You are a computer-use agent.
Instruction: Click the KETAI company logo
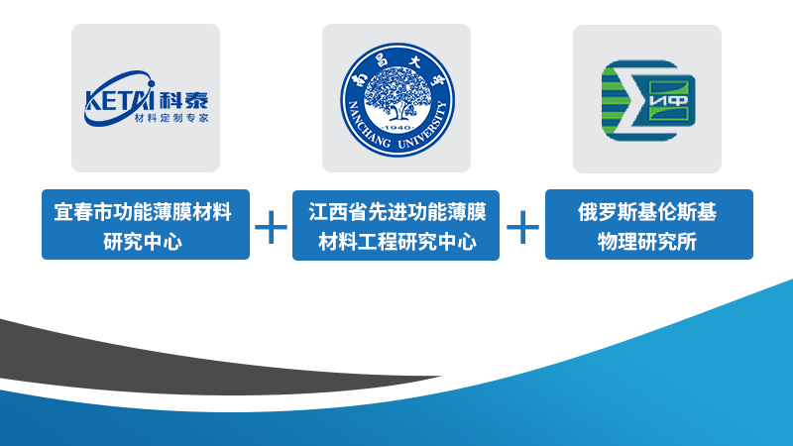tap(146, 98)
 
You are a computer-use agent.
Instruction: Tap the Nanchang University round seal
tap(397, 100)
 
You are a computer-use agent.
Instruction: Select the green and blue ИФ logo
tap(648, 100)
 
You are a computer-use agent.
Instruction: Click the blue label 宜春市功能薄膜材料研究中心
tap(146, 225)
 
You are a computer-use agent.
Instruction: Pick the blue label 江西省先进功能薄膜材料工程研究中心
tap(396, 226)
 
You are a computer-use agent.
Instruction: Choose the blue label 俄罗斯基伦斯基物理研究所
tap(649, 225)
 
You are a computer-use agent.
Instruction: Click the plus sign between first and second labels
tap(271, 227)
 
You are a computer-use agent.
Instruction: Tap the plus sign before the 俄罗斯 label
tap(522, 227)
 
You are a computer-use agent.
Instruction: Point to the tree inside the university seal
tap(397, 93)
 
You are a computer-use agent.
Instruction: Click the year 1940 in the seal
tap(397, 128)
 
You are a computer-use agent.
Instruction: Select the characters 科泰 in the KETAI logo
tap(183, 101)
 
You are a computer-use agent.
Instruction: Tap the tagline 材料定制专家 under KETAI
tap(171, 118)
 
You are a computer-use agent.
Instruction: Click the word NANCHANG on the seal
tap(368, 129)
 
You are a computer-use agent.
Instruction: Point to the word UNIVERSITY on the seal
tap(426, 129)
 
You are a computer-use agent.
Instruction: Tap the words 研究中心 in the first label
tap(143, 242)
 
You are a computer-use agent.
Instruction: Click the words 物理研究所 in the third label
tap(647, 242)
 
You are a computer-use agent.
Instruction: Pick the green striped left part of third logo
tap(616, 100)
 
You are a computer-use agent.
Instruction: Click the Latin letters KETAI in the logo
tap(119, 100)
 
